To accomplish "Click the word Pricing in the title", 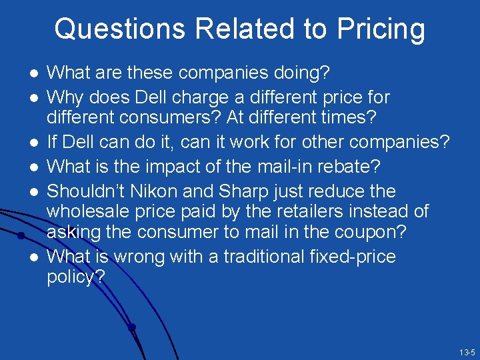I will [381, 29].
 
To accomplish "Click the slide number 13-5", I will [467, 352].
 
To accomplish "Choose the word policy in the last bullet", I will [72, 277].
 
